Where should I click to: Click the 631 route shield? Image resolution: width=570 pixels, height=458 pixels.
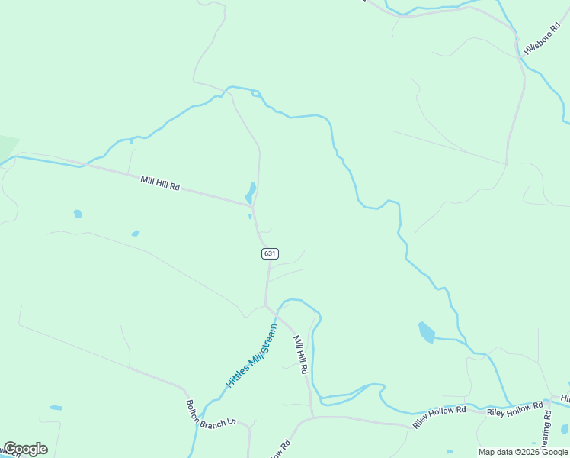pos(270,253)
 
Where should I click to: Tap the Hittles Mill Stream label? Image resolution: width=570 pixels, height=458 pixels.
pos(251,356)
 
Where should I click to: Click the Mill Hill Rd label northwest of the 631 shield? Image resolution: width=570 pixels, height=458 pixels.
pos(160,183)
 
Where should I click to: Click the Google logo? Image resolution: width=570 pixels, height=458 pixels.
pos(24,449)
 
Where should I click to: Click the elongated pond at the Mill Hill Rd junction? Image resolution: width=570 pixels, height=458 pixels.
pos(251,192)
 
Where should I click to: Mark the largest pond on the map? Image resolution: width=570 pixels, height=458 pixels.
pos(427,333)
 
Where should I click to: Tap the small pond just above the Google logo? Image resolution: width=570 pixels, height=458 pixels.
pos(56,408)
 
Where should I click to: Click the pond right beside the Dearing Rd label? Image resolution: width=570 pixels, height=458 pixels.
pos(564,428)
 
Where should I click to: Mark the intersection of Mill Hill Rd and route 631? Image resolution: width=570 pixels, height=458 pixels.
pos(253,205)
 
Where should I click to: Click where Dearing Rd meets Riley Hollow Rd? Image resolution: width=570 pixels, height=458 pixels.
pos(548,402)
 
